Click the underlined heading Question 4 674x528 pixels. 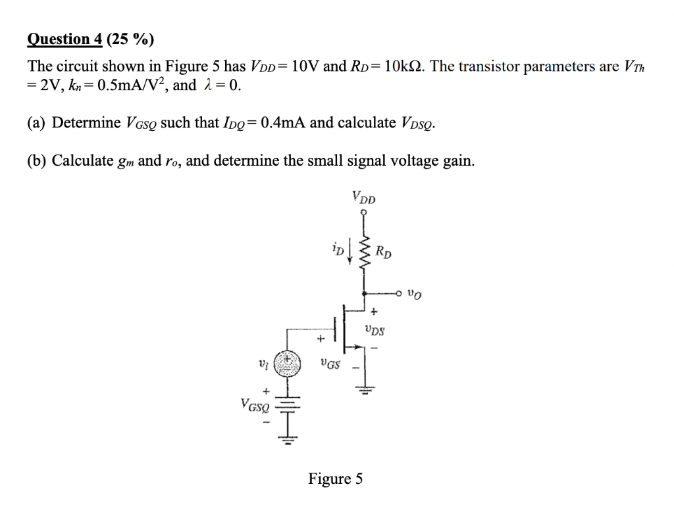(x=65, y=39)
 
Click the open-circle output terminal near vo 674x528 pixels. (x=400, y=292)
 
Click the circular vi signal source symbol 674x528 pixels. (x=286, y=363)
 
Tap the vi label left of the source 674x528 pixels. (x=263, y=363)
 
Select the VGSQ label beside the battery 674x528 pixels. (x=254, y=406)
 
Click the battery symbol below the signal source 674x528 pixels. (x=287, y=404)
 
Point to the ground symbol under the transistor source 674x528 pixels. (x=365, y=391)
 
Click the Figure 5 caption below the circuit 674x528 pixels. (x=335, y=479)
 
